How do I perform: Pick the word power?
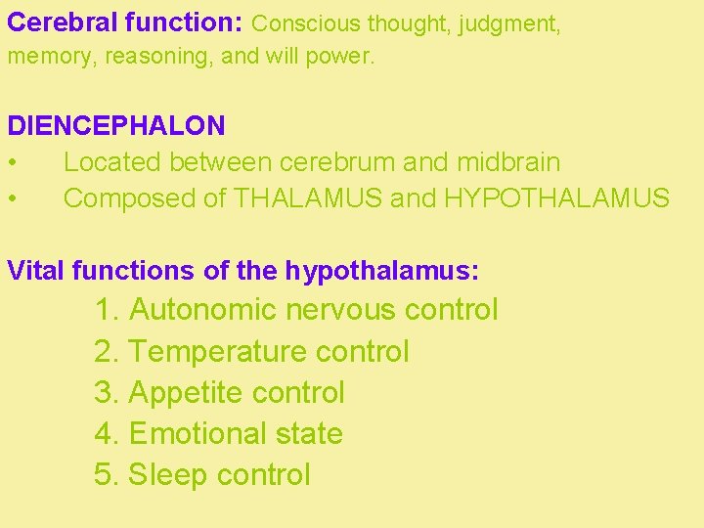[x=342, y=57]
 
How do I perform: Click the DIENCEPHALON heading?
[x=116, y=125]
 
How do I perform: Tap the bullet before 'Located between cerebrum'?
[x=13, y=162]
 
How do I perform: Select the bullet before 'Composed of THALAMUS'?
[x=13, y=198]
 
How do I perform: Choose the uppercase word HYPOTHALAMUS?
[x=557, y=198]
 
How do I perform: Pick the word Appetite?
[x=185, y=393]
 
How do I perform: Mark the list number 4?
[x=104, y=433]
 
